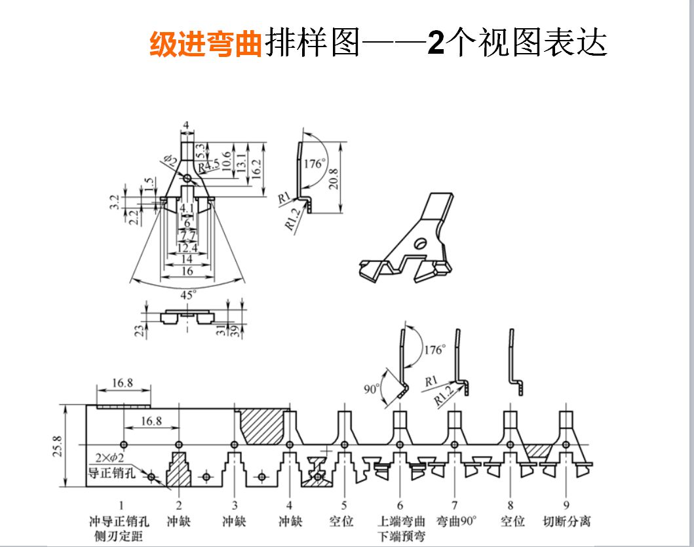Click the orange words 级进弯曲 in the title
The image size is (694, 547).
pyautogui.click(x=206, y=44)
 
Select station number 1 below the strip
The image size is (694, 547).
pyautogui.click(x=121, y=505)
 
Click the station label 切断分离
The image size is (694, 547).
pyautogui.click(x=567, y=521)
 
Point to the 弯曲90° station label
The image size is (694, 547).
pyautogui.click(x=455, y=521)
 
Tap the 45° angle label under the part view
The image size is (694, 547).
pyautogui.click(x=188, y=295)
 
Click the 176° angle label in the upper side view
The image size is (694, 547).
pyautogui.click(x=313, y=163)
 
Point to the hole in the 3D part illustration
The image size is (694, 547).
pyautogui.click(x=419, y=244)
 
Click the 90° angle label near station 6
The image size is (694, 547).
pyautogui.click(x=372, y=388)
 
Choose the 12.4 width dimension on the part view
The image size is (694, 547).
pyautogui.click(x=188, y=248)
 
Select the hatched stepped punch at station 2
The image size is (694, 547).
pyautogui.click(x=178, y=470)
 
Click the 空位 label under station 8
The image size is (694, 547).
pyautogui.click(x=512, y=521)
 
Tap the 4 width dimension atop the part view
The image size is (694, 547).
pyautogui.click(x=186, y=124)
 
